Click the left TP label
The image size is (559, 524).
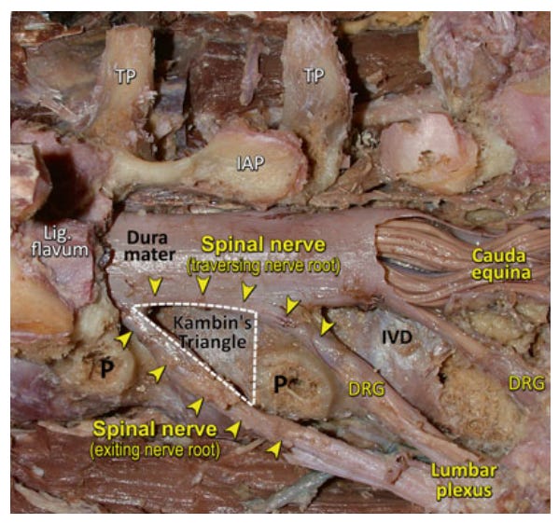coord(125,76)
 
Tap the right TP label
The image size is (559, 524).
coord(314,76)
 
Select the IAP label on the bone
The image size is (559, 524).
coord(251,163)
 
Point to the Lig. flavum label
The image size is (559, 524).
coord(60,241)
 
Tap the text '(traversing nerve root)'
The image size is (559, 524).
coord(264,266)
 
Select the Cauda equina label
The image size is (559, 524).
coord(500,264)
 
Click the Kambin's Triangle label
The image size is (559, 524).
coord(213,332)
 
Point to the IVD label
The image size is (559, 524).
coord(397,337)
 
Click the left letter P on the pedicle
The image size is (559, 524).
coord(106,368)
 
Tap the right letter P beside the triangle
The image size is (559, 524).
coord(281,384)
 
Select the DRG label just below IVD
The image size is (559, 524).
coord(367,389)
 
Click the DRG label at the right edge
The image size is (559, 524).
coord(526,383)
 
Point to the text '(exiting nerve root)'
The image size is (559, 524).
coord(156,450)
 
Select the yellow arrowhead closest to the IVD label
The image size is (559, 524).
coord(327,327)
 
